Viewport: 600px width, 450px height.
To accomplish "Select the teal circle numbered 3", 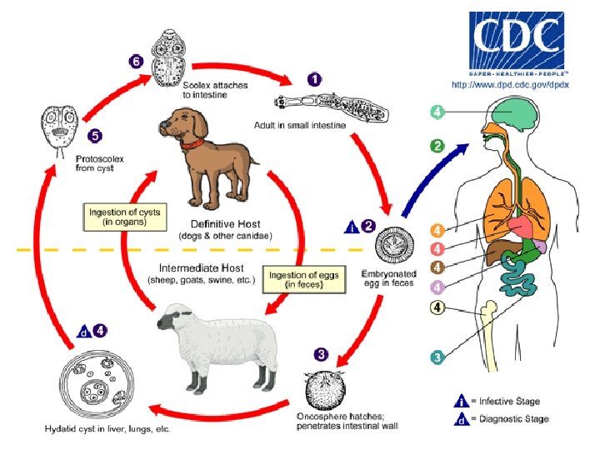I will click(437, 357).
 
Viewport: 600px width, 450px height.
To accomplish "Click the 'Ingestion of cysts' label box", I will click(125, 217).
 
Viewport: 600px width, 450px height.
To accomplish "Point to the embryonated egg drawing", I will click(392, 247).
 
